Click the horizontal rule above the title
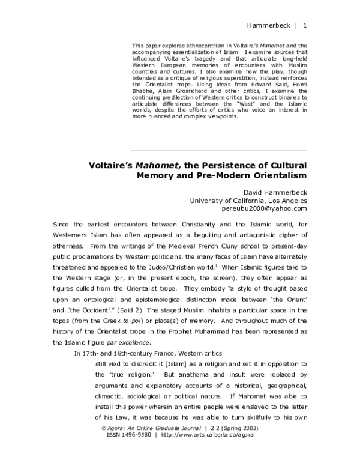point(218,150)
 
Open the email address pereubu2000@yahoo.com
point(265,208)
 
